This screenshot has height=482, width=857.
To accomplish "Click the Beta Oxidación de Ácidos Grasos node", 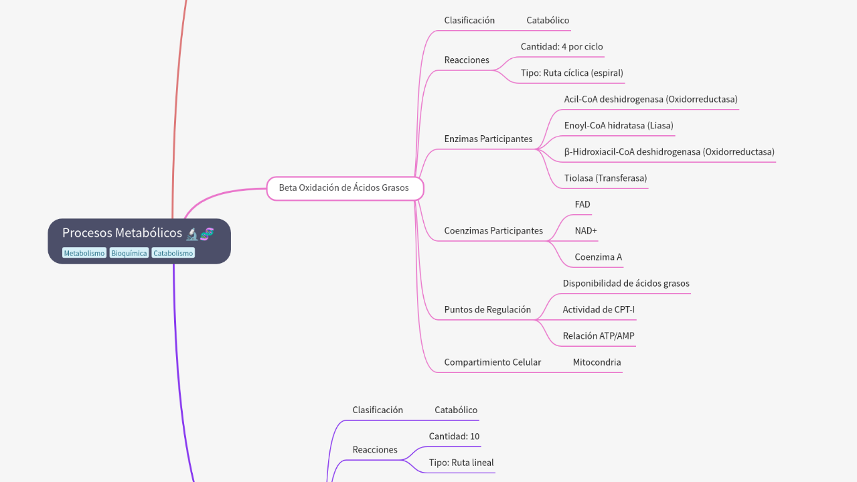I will point(344,188).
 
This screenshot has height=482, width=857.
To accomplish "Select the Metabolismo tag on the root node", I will point(84,253).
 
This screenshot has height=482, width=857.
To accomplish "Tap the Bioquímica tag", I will point(129,253).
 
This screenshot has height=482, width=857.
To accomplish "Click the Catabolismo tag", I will point(173,253).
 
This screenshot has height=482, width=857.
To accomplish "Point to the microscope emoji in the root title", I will point(193,233).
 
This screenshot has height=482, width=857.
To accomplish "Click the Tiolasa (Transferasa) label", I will point(605,178).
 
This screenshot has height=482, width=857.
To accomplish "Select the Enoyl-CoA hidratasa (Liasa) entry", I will point(619,125).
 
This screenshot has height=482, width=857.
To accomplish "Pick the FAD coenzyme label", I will point(582,204).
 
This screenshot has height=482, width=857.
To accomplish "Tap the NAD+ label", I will point(586,230).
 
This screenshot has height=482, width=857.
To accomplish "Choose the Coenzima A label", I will point(598,257).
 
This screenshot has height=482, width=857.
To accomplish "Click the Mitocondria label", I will point(597,362).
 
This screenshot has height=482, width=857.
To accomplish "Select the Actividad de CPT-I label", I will point(599,309).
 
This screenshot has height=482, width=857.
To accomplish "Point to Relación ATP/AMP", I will point(599,336).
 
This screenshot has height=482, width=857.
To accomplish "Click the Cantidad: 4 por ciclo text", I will point(562,47).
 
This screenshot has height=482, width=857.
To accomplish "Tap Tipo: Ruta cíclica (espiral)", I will point(572,73).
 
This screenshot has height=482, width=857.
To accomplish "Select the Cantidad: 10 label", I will point(454,436).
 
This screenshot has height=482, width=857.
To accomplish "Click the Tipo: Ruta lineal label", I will point(461,463).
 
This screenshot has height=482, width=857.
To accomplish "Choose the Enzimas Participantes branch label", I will point(488,139).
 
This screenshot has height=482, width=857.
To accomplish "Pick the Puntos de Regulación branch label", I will point(487,309).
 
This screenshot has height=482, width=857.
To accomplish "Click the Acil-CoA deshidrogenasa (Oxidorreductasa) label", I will point(651,99).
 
